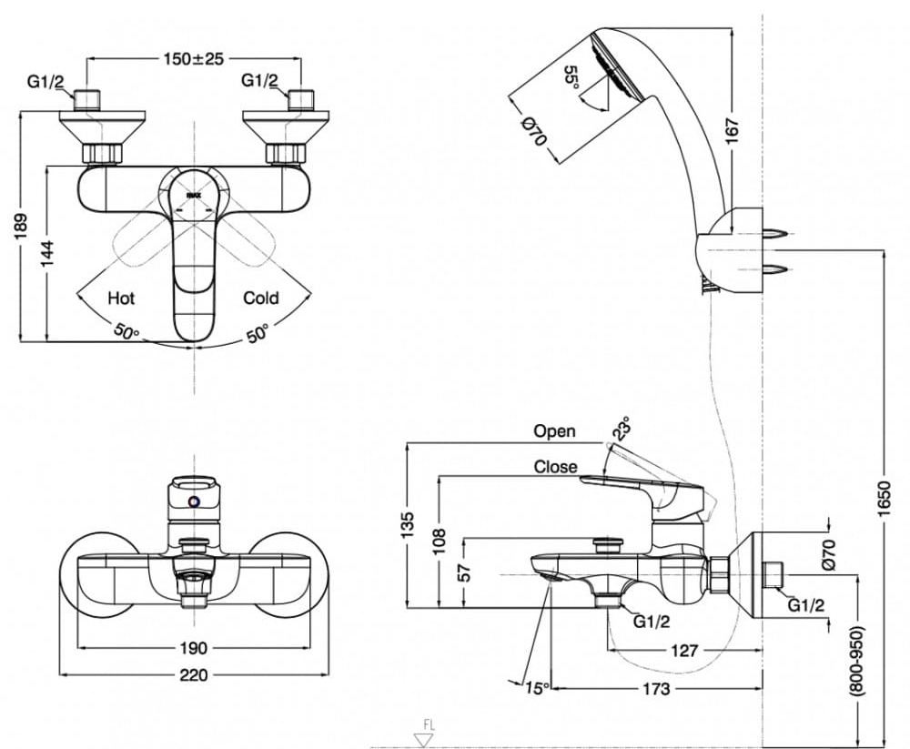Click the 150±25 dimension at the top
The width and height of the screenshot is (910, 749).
[x=193, y=58]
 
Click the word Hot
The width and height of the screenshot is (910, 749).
[x=121, y=298]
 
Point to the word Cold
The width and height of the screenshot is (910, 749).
[x=260, y=298]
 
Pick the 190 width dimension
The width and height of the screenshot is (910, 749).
[x=193, y=648]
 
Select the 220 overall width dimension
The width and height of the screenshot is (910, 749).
[x=193, y=674]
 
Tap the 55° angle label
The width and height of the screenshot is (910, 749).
[x=571, y=77]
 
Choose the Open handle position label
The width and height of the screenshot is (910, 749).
[x=554, y=431]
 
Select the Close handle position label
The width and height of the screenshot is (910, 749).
[x=555, y=466]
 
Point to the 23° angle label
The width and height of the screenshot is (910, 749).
[x=622, y=428]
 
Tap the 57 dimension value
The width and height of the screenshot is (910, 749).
[x=464, y=572]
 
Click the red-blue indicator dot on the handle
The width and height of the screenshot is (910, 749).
[x=193, y=501]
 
